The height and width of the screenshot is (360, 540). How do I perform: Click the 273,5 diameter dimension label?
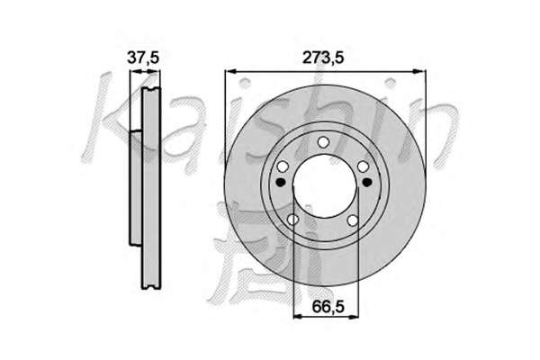(x=323, y=58)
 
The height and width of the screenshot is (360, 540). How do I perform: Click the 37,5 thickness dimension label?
(x=143, y=58)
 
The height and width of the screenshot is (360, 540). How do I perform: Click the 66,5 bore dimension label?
(x=328, y=307)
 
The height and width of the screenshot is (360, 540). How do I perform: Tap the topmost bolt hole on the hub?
(x=323, y=142)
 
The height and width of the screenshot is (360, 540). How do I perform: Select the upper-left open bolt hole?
(x=283, y=167)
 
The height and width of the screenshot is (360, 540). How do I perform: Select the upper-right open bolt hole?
(x=363, y=166)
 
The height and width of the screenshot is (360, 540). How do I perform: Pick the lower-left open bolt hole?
(x=292, y=220)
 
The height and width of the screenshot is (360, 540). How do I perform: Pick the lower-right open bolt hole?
(x=353, y=220)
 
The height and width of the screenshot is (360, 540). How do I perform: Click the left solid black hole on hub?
(x=281, y=182)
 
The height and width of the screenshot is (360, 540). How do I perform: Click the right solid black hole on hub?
(x=367, y=182)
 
